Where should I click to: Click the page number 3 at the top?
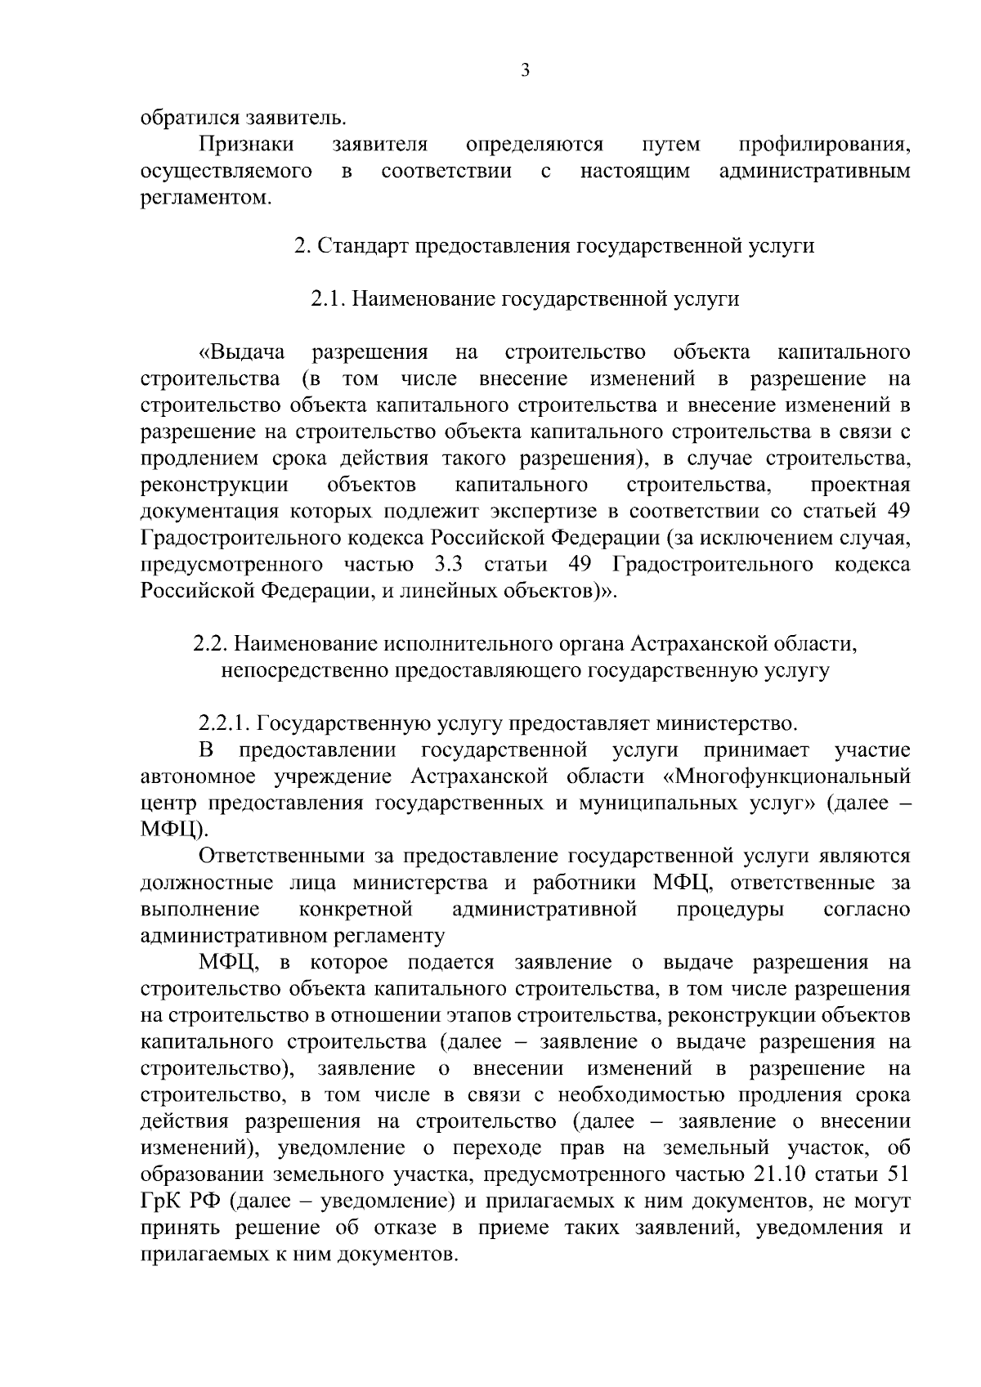[x=526, y=71]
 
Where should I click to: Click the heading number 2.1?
[x=328, y=299]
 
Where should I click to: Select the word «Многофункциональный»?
[x=790, y=777]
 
